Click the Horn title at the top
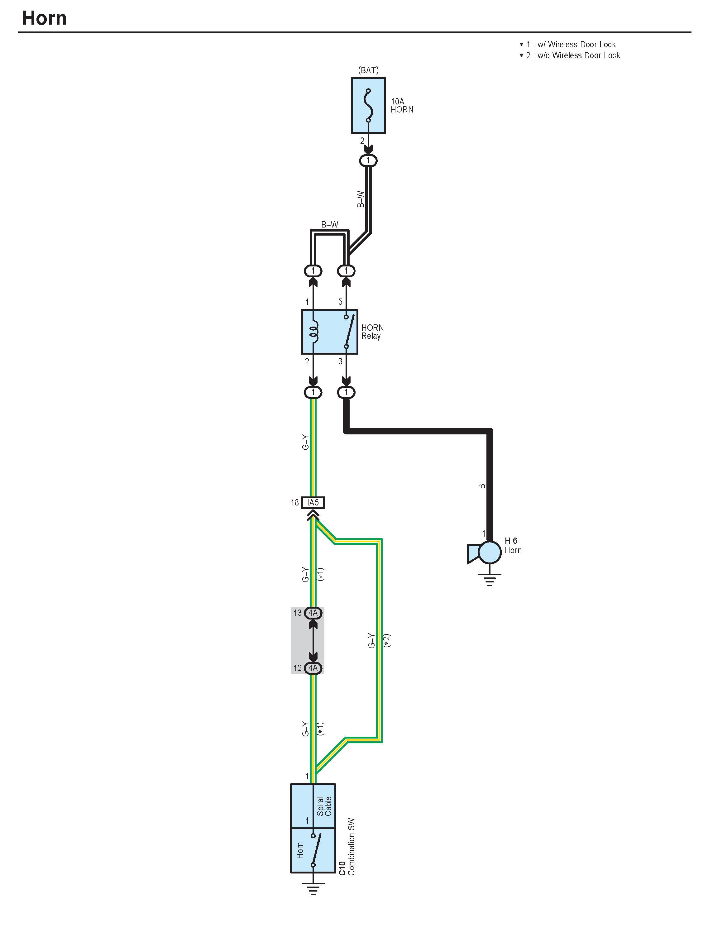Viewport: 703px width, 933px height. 44,18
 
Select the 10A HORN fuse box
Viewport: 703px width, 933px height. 368,105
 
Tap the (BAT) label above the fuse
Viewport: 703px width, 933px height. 368,70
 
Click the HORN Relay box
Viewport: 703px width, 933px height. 329,332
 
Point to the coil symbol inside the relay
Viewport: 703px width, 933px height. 314,332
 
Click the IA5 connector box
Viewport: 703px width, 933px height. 313,502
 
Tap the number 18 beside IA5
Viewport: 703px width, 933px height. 295,502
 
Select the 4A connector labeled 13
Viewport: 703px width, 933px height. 313,613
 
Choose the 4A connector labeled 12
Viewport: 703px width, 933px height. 313,668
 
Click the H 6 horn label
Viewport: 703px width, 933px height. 511,541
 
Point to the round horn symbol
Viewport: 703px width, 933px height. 490,553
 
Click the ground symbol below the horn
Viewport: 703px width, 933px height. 489,580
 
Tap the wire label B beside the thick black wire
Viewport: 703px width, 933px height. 482,486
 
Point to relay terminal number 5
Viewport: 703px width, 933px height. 340,302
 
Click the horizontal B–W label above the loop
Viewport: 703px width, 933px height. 329,224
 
